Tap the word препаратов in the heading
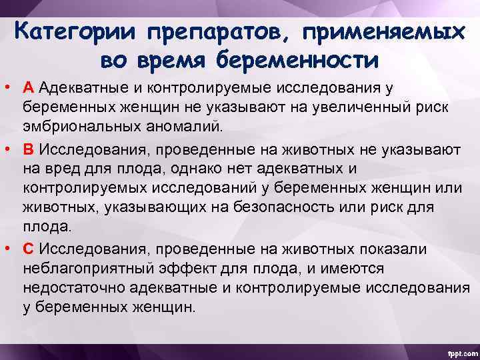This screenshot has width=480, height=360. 215,33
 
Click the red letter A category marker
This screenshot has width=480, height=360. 28,88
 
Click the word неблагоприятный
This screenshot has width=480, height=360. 91,268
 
